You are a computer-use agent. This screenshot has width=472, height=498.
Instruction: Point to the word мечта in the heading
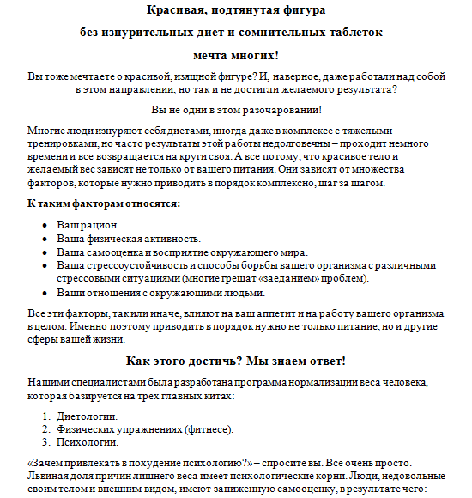pos(202,56)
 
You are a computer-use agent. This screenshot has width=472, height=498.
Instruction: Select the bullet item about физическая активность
pos(129,238)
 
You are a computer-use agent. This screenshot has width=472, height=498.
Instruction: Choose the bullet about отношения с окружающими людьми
pos(148,293)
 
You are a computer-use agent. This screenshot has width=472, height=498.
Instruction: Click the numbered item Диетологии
pos(88,416)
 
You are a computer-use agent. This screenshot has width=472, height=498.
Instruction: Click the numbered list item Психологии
pos(88,444)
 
